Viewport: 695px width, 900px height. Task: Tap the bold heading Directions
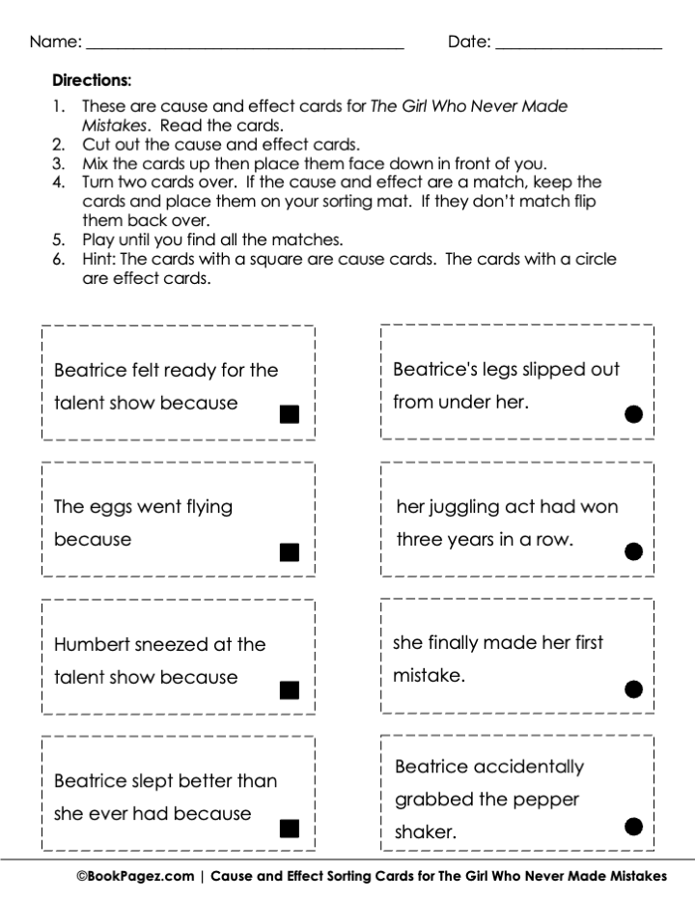(x=92, y=80)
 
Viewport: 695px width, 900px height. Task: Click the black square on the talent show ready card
(x=289, y=414)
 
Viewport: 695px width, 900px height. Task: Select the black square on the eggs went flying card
(x=289, y=552)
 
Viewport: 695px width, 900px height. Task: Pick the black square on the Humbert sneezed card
(x=289, y=689)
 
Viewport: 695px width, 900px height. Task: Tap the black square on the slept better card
(x=289, y=828)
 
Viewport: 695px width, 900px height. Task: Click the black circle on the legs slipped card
(x=633, y=414)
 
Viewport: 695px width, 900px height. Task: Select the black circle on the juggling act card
(x=633, y=551)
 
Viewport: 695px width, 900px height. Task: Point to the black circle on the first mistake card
(x=633, y=689)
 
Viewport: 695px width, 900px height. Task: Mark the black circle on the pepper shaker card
(x=633, y=826)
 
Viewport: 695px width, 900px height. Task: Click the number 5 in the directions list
(x=58, y=239)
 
